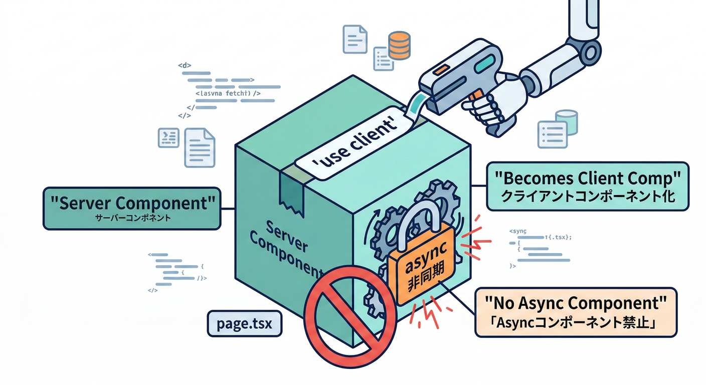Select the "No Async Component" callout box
point(576,311)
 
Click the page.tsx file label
point(245,323)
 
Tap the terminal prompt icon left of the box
point(168,138)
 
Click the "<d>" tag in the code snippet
point(185,65)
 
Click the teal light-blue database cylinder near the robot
point(566,123)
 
